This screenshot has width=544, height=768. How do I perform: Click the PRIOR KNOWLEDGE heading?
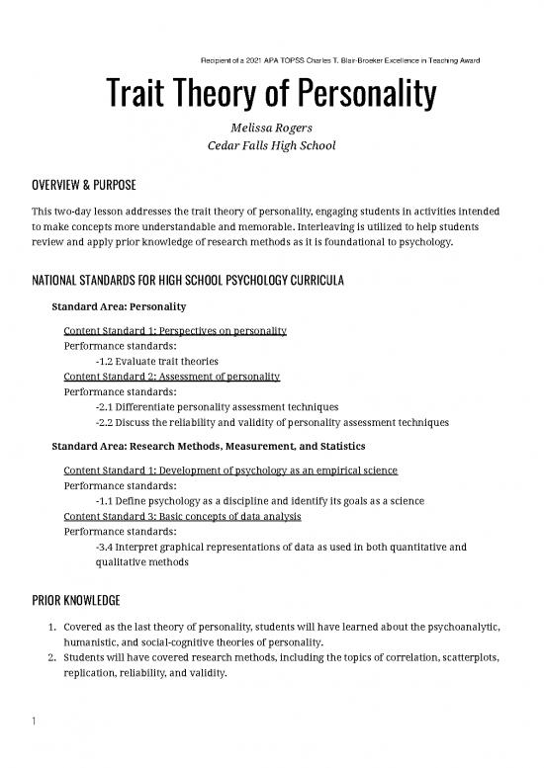click(71, 600)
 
